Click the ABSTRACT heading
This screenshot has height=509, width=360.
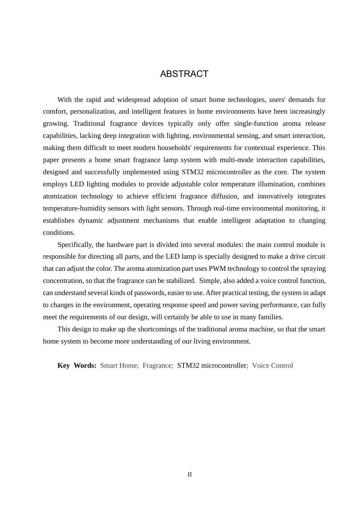click(184, 74)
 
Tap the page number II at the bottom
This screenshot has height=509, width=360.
click(189, 475)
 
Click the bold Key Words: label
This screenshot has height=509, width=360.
click(77, 365)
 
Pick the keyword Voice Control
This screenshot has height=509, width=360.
click(272, 365)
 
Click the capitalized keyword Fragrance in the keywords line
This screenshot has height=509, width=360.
click(158, 365)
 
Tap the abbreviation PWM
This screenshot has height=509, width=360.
click(217, 269)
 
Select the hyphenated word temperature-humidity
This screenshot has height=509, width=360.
click(75, 208)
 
